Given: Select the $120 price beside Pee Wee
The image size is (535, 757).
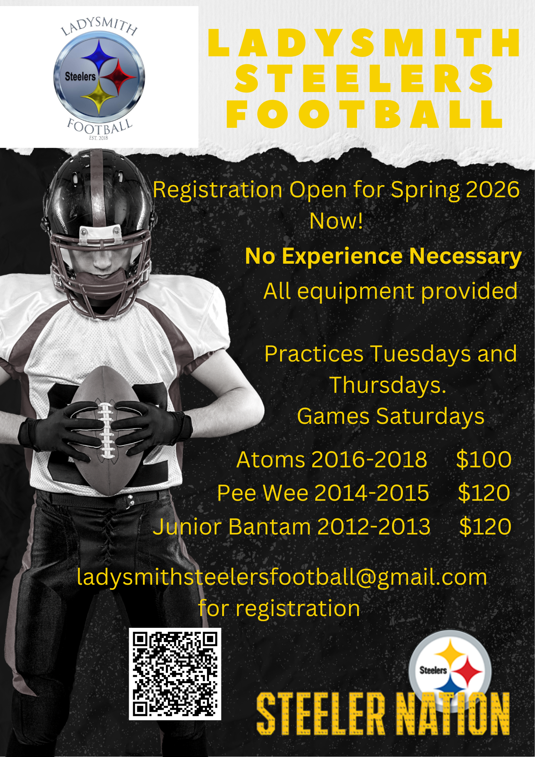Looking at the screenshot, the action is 484,493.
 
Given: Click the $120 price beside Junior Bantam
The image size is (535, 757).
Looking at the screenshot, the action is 485,526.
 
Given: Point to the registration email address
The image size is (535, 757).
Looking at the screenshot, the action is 282,577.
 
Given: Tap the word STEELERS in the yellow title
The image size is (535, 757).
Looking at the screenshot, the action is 364,78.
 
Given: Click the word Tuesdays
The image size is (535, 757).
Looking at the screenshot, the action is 420,354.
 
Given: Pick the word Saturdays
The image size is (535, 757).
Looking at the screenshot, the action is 430,416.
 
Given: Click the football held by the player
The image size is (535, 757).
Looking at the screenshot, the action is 106,432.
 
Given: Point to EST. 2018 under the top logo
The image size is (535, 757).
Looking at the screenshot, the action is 98,138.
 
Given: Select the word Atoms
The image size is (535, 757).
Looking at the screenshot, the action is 271,460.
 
